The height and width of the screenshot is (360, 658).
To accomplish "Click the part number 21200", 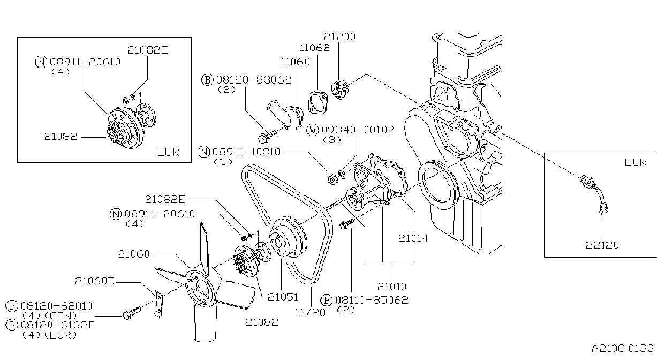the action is click(339, 37).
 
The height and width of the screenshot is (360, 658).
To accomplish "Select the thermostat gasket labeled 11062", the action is click(318, 102).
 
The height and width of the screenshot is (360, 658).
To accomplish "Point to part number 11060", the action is click(295, 62).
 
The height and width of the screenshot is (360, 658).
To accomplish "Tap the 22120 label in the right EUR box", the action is click(602, 245).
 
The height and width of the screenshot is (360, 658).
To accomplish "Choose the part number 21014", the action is click(413, 238).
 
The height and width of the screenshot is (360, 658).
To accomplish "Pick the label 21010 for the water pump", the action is click(392, 286).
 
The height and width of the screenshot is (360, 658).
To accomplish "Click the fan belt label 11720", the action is click(310, 312).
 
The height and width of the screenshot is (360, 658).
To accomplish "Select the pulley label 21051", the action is click(283, 297).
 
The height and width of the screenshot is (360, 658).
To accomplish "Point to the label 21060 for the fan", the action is click(134, 253).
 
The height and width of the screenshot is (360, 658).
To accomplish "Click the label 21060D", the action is click(95, 281).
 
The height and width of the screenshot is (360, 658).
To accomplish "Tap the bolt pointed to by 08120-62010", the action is click(132, 313).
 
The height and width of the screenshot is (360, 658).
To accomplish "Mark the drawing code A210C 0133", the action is click(623, 348).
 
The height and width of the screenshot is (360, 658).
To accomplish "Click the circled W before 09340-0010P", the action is click(312, 130).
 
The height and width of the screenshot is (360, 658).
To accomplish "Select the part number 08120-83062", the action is click(254, 80).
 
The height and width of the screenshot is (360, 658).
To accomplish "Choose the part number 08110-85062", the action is click(372, 300).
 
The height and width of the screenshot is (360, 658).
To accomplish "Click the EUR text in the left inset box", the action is click(168, 152).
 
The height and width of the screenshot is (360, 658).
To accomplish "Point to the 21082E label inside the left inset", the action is click(148, 50).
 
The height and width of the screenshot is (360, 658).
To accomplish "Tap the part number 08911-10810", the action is click(246, 152).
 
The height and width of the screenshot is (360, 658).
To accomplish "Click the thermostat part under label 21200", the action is click(340, 89).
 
